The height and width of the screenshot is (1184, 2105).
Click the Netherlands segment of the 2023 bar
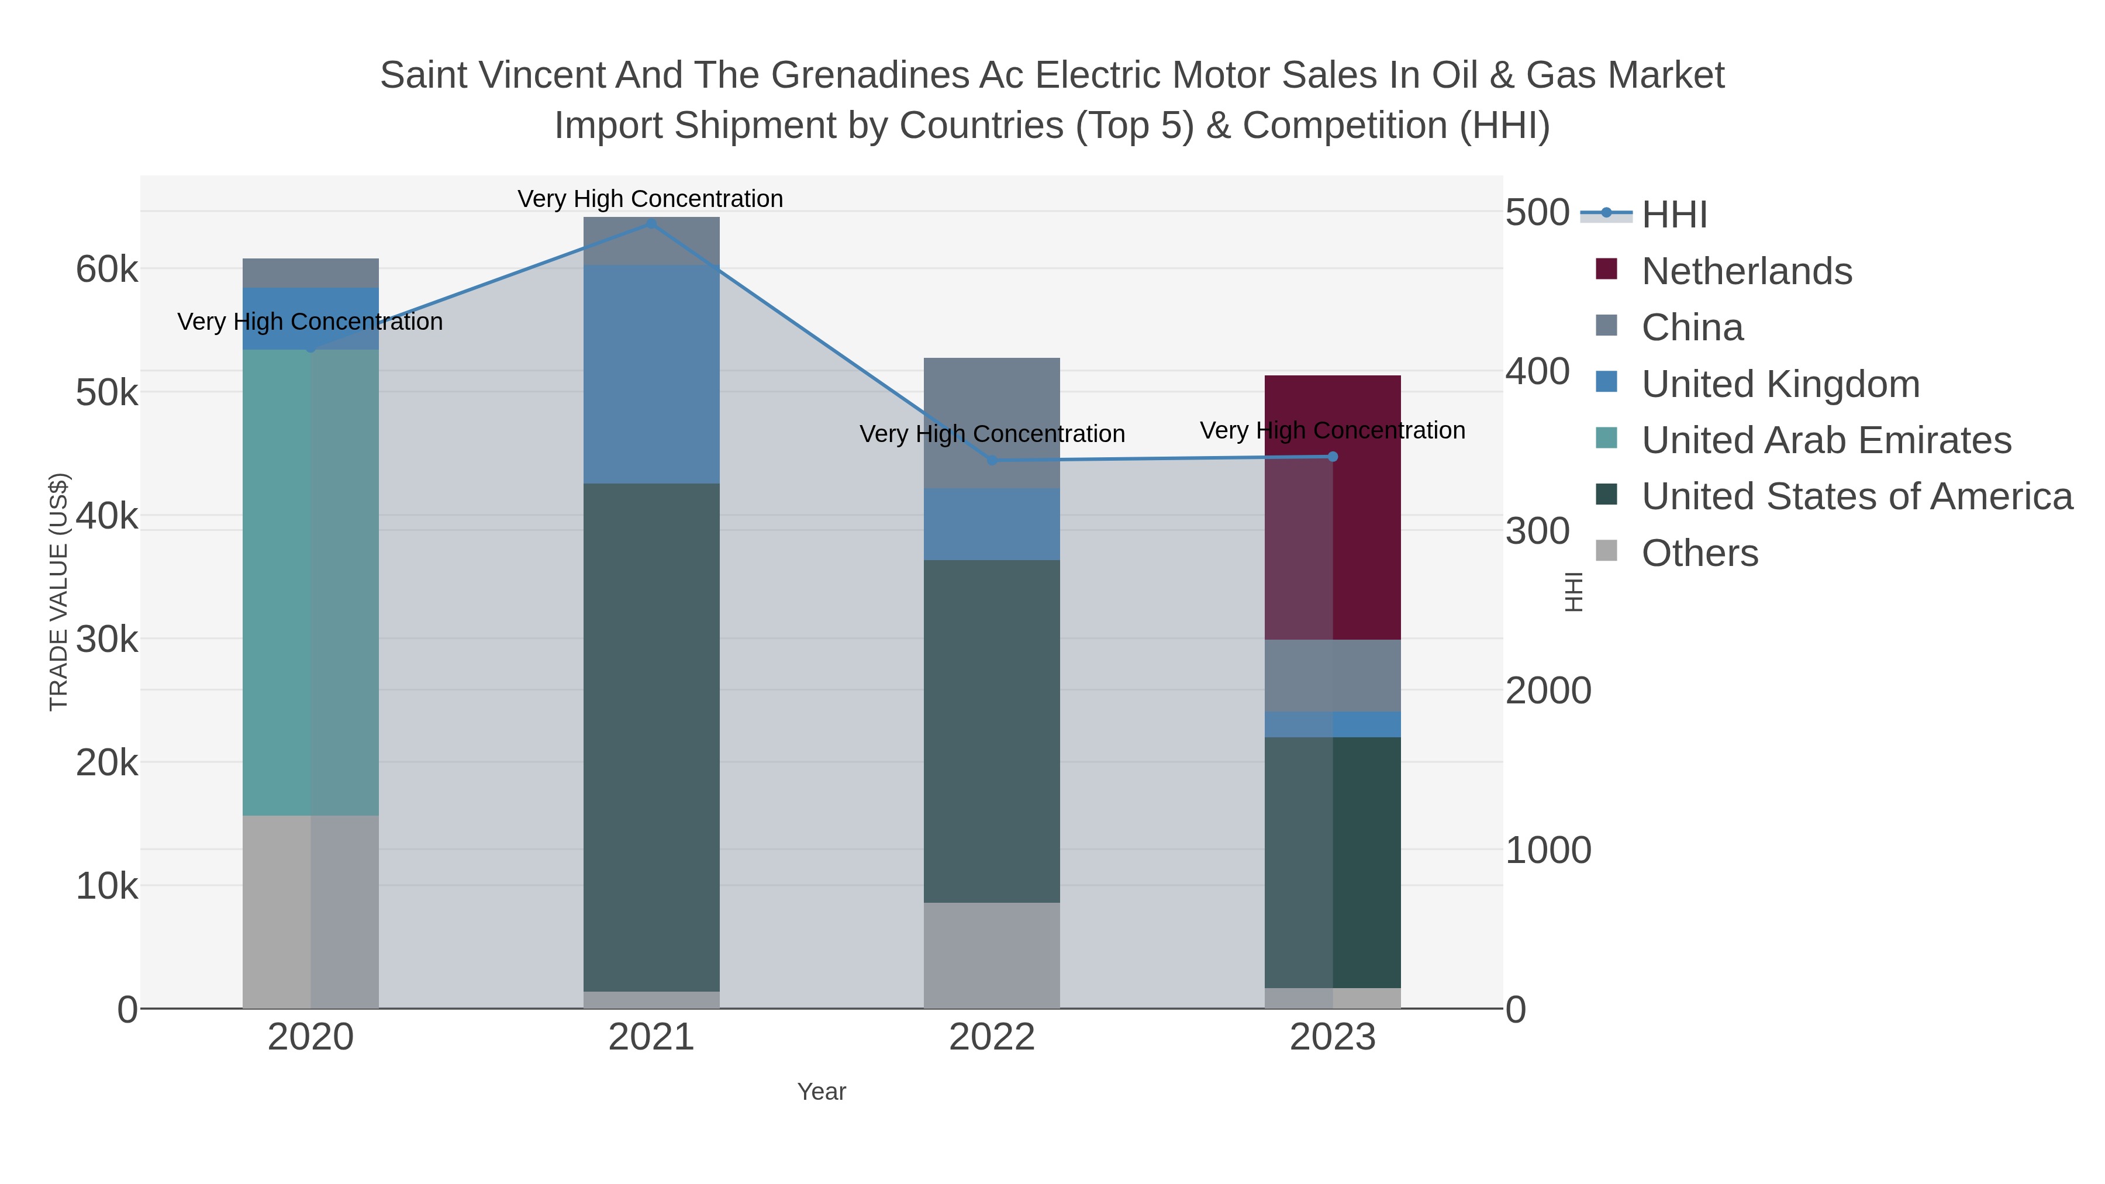coord(1333,506)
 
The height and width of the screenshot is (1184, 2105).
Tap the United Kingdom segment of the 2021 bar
coord(651,374)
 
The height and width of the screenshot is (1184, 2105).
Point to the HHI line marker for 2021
coord(651,223)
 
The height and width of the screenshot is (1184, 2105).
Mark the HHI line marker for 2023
coord(1333,457)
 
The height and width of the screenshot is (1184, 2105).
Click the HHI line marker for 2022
coord(992,460)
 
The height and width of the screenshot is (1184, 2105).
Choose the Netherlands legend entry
coord(1746,271)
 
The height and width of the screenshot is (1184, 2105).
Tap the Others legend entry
coord(1699,553)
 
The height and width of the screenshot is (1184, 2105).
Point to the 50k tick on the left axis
coord(107,393)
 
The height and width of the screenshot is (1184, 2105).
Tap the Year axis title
coord(822,1092)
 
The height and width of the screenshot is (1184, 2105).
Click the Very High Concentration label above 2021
coord(650,199)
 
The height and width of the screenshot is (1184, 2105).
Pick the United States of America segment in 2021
coord(651,736)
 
